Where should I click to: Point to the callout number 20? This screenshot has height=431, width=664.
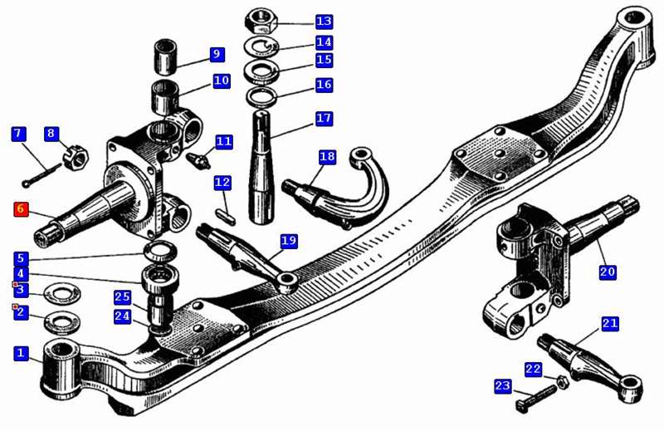pos(608,271)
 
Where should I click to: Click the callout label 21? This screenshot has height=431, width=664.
pos(610,323)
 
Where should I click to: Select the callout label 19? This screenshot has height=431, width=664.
pos(288,241)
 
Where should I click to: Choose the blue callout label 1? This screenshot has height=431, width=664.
pos(21,353)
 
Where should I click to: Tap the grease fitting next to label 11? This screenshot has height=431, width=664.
pos(198,158)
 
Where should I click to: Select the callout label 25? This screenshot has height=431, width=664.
pos(122,296)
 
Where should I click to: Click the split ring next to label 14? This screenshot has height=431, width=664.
pos(261,45)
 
